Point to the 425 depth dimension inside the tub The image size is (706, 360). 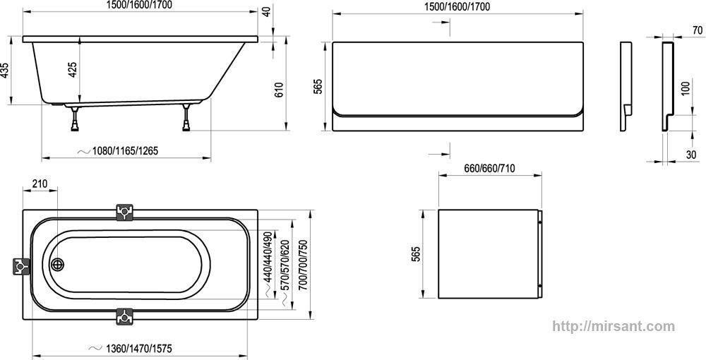(73, 71)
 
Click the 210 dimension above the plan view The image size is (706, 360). (40, 185)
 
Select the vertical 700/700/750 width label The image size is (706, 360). (303, 263)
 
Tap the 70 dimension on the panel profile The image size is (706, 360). (696, 31)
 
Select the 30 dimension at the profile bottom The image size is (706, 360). (690, 155)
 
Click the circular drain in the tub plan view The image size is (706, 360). (58, 265)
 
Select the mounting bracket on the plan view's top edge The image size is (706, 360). (125, 211)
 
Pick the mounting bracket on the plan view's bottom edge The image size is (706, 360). (125, 316)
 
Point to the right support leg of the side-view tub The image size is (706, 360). (188, 119)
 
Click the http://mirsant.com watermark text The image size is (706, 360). (611, 326)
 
